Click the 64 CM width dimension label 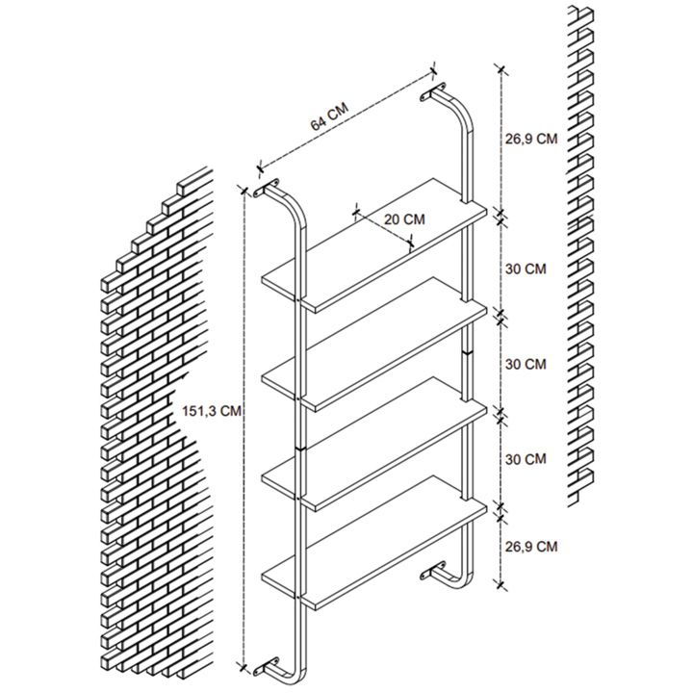coord(329,116)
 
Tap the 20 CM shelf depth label coord(404,219)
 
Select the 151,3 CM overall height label coord(212,411)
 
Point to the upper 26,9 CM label coord(531,139)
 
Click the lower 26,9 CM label coord(531,547)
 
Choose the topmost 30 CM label coord(526,269)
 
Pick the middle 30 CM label coord(526,364)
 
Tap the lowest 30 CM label coord(526,459)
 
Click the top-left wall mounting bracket coord(267,189)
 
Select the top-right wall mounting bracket coord(433,91)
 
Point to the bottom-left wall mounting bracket coord(266,668)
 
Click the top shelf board coord(373,245)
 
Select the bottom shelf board coord(373,543)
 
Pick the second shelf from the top coord(373,345)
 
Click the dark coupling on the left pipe coord(300,449)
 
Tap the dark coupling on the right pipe coord(467,352)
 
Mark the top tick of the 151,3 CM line coord(244,190)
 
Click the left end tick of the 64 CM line coord(260,167)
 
